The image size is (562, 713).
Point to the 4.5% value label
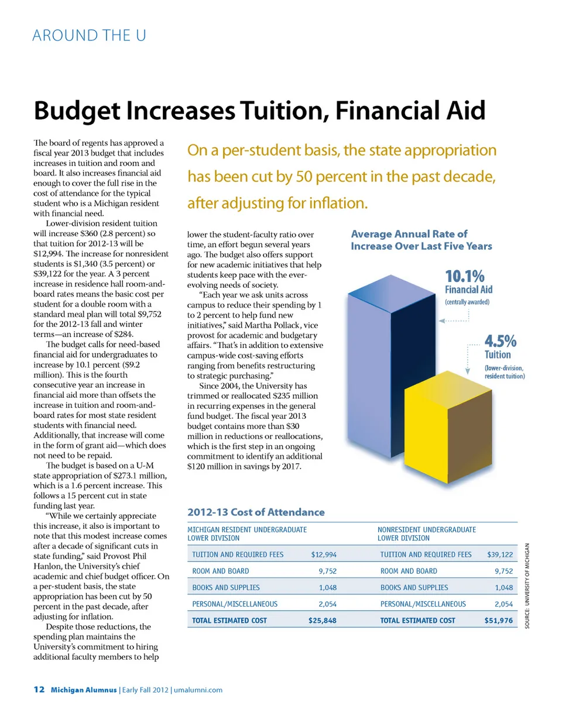(x=499, y=341)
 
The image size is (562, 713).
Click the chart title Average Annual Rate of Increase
(x=421, y=240)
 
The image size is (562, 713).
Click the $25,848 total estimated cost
(x=322, y=621)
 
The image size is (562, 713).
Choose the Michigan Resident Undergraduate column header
(x=246, y=533)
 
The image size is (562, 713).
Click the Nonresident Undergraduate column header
(x=427, y=533)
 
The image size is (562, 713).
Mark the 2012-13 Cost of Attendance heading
(x=256, y=512)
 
